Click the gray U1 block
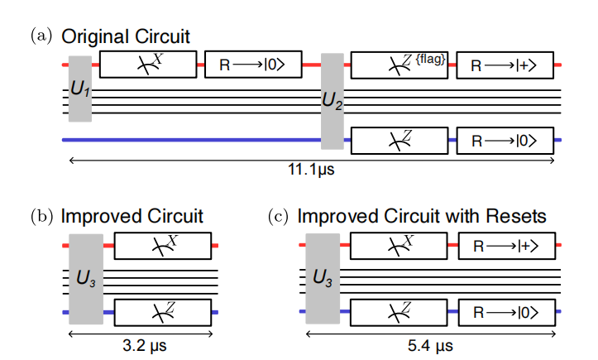coord(79,89)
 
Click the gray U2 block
coord(332,100)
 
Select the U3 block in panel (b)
coord(85,278)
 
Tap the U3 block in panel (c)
coord(323,278)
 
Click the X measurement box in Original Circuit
coord(148,64)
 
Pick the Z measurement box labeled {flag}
coord(399,64)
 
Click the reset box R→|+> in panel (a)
coord(505,64)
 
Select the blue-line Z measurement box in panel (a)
coord(399,140)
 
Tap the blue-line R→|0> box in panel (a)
coord(505,140)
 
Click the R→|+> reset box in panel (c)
coord(505,246)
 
